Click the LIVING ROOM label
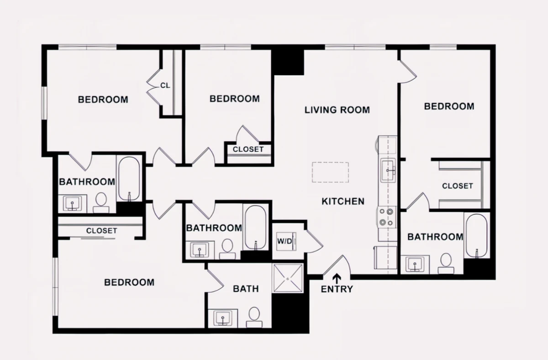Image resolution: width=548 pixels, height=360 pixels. tap(337, 110)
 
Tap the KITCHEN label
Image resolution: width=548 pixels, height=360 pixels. tap(343, 201)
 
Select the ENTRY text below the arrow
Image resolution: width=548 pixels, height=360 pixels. tap(337, 289)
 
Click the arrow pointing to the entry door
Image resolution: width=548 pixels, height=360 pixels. tap(337, 278)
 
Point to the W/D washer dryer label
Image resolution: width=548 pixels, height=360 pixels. tap(285, 241)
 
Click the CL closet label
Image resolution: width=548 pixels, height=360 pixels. tap(165, 85)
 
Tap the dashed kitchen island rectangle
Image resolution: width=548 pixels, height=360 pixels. tap(330, 172)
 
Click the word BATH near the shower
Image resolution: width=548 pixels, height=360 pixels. tap(246, 289)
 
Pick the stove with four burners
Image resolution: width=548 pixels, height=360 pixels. tap(386, 217)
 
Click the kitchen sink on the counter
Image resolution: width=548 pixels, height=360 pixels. tap(388, 170)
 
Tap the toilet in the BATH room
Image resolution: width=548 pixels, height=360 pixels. tap(254, 317)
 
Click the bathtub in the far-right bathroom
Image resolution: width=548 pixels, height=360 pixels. tap(477, 236)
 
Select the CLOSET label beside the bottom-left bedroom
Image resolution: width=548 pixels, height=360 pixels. tap(101, 231)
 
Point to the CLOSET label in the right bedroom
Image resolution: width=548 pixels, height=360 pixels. tap(458, 186)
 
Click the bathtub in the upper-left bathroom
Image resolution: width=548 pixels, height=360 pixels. tap(129, 179)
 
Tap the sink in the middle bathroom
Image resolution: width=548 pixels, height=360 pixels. tap(200, 250)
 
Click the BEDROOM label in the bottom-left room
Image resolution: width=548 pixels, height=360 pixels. tap(129, 282)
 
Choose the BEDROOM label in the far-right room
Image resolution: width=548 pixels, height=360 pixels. tap(449, 106)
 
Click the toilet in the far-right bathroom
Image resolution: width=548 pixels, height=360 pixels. tap(446, 263)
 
